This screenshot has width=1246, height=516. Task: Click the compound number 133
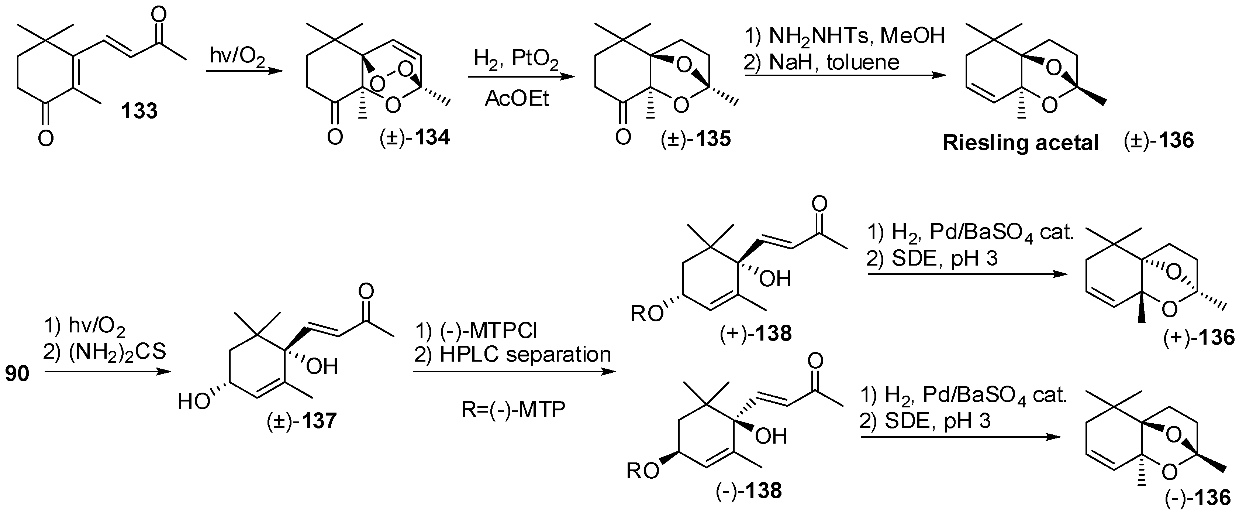tap(139, 111)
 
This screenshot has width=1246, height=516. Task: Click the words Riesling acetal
tap(1021, 143)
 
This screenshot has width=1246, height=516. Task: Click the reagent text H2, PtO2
tap(516, 61)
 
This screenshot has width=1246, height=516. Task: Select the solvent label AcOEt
tap(517, 98)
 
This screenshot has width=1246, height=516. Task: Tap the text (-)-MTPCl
tap(476, 331)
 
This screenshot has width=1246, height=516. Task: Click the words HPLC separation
tap(513, 355)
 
